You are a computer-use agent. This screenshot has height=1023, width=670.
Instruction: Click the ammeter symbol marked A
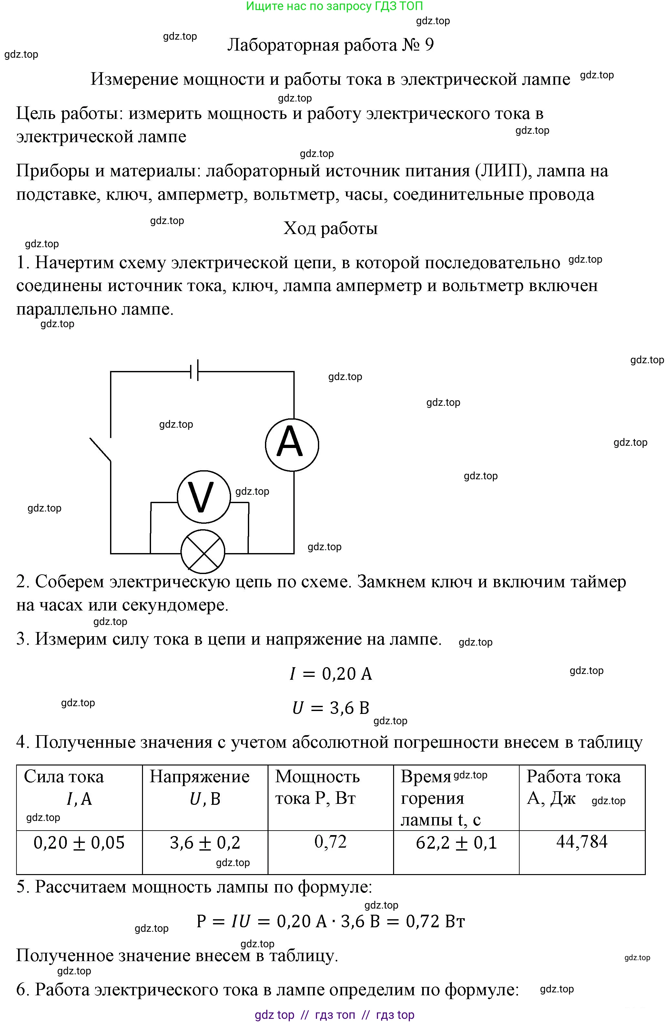point(292,445)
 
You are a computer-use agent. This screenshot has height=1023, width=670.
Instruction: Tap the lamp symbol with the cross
point(203,551)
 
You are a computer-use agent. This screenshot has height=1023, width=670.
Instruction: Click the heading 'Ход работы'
point(330,228)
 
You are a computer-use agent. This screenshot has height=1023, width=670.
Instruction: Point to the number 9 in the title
point(429,45)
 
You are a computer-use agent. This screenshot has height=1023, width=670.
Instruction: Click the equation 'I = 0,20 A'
point(330,674)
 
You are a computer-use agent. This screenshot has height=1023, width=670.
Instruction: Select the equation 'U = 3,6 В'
point(330,708)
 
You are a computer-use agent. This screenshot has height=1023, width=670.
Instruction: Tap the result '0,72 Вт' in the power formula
point(435,921)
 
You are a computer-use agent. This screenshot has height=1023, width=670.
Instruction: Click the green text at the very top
point(334,6)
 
